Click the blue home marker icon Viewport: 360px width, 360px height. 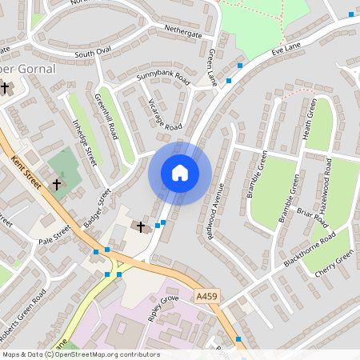(x=180, y=172)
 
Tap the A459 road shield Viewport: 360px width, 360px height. (x=206, y=297)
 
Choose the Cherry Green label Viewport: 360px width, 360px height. (x=334, y=265)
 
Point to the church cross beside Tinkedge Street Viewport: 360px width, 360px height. (x=57, y=184)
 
